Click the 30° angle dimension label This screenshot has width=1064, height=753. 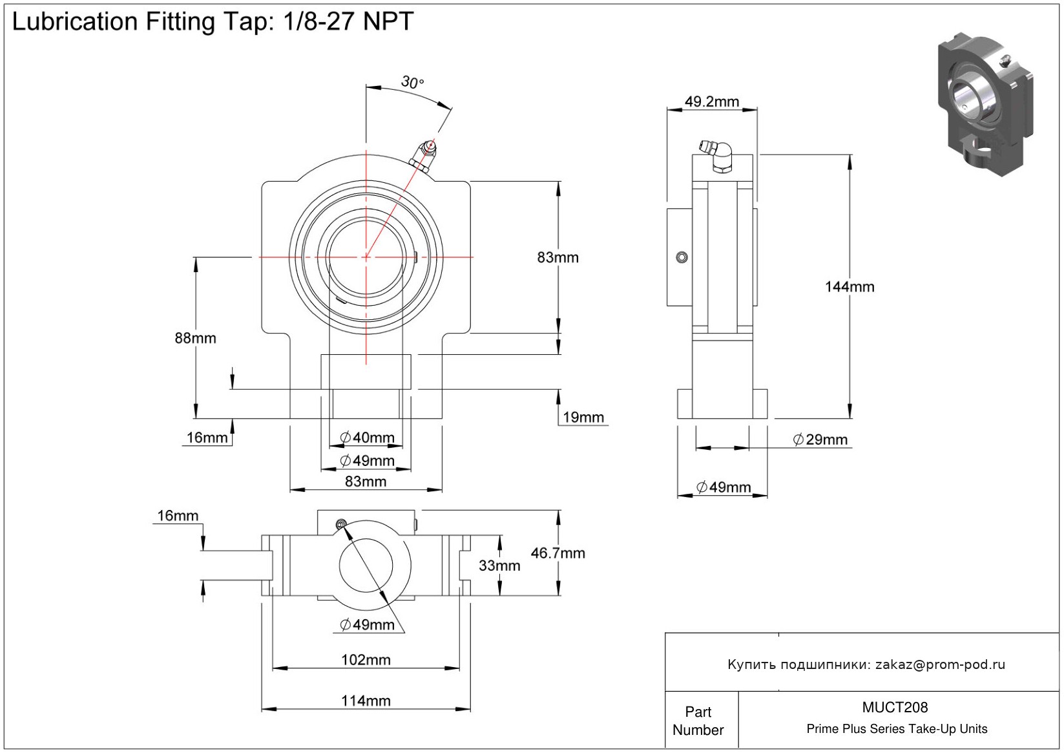(412, 83)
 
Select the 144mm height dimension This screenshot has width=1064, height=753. (849, 287)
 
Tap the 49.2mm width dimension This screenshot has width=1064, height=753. (711, 101)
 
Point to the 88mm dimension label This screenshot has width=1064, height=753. (195, 338)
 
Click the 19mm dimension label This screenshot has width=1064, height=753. (583, 418)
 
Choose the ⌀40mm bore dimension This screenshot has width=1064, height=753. (367, 438)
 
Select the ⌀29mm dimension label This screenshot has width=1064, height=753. (820, 440)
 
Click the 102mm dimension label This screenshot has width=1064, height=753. (366, 660)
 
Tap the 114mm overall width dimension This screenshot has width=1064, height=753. (366, 701)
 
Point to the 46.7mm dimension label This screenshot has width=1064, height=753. (558, 553)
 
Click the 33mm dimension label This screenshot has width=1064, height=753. (499, 566)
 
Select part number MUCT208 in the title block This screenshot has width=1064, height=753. (895, 708)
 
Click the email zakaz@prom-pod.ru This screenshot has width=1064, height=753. (940, 664)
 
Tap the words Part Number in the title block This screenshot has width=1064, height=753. (698, 721)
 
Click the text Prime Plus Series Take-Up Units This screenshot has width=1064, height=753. (897, 729)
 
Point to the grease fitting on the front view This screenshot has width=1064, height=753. (423, 155)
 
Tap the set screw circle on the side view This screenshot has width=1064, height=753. (681, 257)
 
